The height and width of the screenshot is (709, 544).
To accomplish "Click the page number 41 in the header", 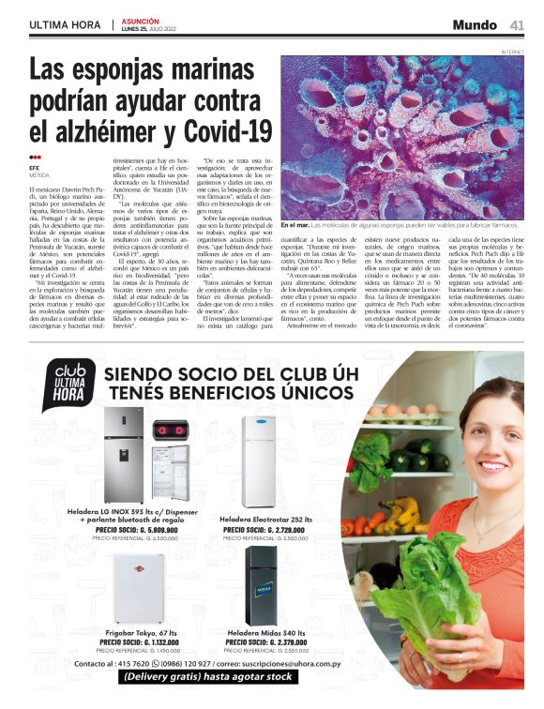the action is [x=517, y=24].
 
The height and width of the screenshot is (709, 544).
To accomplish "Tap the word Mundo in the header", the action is [x=474, y=24].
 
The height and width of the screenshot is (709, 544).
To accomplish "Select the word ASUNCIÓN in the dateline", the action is [x=141, y=20].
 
